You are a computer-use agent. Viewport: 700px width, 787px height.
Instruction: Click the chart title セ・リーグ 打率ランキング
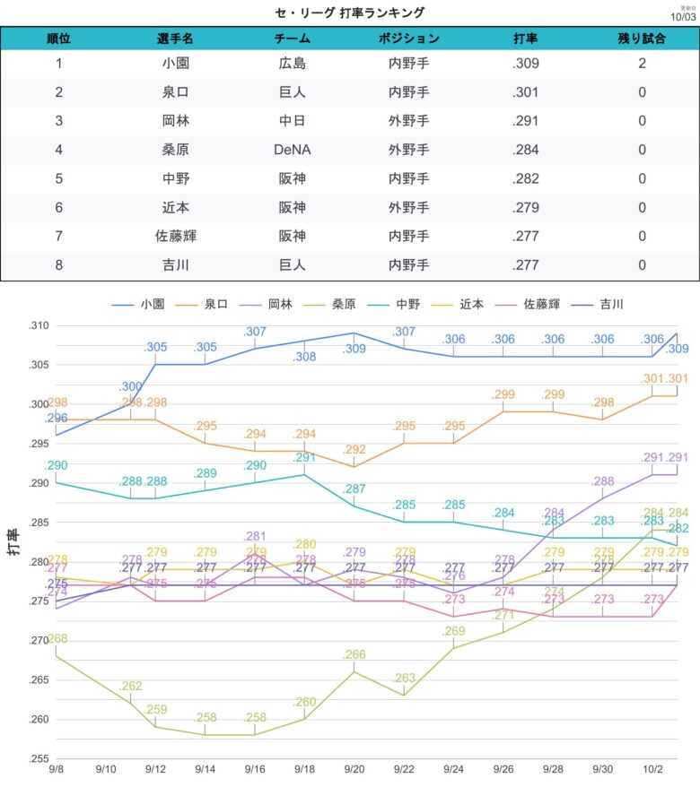[350, 13]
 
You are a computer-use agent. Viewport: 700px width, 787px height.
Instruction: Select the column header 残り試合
[643, 39]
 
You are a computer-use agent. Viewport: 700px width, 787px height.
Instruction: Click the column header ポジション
[408, 39]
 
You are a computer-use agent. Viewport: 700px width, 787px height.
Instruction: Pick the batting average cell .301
[526, 92]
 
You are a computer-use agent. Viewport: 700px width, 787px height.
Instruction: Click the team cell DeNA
[293, 150]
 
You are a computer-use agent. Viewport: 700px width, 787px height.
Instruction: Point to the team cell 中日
[293, 121]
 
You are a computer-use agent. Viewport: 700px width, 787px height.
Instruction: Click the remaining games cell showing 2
[643, 64]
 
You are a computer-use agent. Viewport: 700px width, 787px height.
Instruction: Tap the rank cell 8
[59, 264]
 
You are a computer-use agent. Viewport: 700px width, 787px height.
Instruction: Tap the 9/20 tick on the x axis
[354, 769]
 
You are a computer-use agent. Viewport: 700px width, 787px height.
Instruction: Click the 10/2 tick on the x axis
[652, 769]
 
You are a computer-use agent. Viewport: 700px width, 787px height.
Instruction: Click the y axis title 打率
[15, 542]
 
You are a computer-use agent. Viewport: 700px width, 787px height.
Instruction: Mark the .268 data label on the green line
[57, 638]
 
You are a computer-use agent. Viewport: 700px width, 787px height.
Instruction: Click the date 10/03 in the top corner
[684, 16]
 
